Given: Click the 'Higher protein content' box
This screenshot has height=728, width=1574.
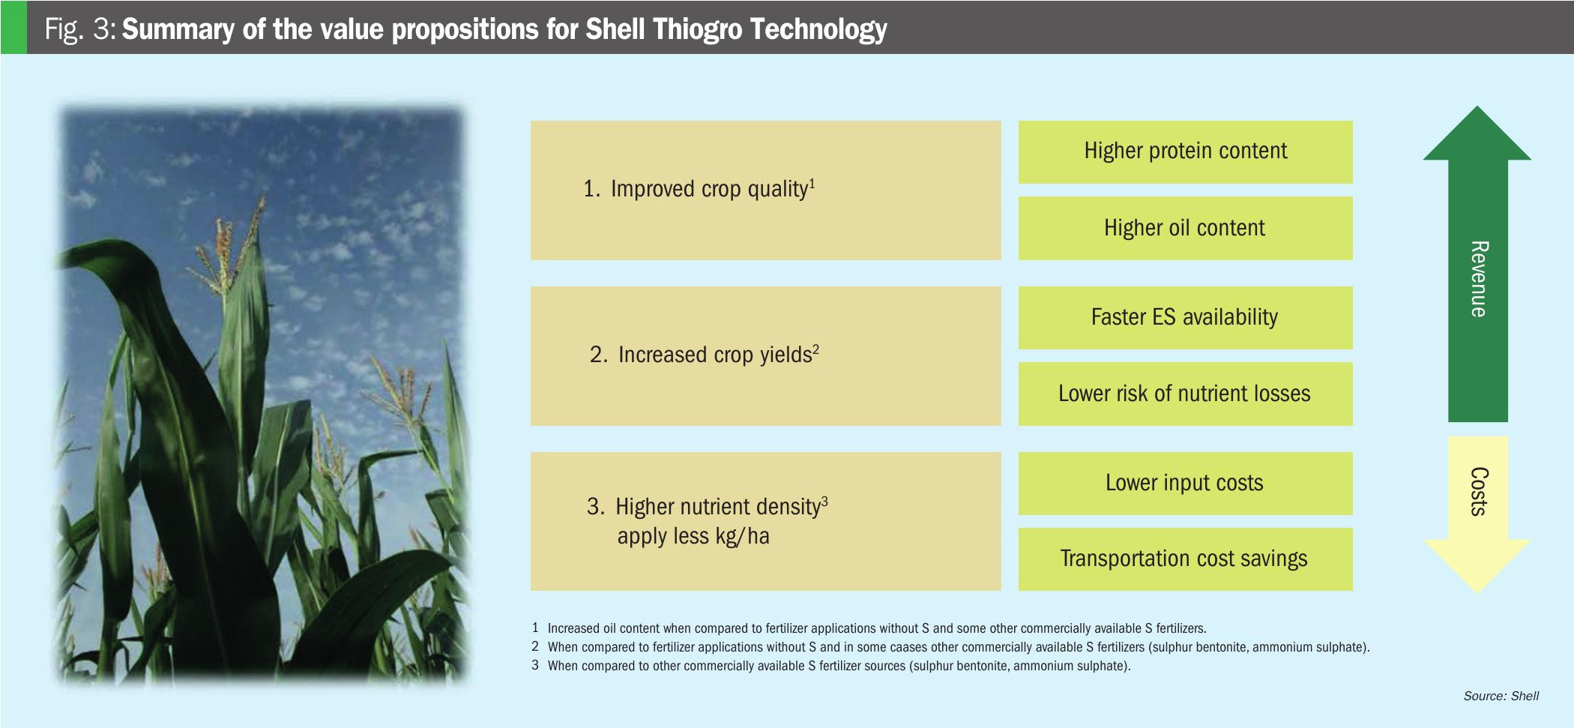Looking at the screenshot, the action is (1185, 152).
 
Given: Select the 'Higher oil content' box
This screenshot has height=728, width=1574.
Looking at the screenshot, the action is (1185, 228).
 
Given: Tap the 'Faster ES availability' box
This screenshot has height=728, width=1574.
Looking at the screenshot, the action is (1185, 318).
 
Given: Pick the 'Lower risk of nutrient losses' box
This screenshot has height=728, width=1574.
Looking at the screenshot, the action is (1185, 394).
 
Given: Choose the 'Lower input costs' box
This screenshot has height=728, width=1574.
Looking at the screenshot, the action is (1185, 484).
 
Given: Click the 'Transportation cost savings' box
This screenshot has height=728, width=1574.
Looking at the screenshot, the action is (1185, 559).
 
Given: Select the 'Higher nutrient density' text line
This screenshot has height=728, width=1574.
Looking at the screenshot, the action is (708, 507).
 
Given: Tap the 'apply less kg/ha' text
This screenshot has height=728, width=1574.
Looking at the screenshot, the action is (693, 536).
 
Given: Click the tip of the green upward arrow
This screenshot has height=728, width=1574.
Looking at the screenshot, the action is (1477, 106).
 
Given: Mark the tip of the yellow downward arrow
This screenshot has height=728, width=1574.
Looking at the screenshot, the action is (1477, 593).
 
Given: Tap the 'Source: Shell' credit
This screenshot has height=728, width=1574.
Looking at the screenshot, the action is (1501, 696).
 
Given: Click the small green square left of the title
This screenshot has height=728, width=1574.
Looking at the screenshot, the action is (13, 27).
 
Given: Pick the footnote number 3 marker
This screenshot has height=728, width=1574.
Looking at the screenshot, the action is (535, 665).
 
